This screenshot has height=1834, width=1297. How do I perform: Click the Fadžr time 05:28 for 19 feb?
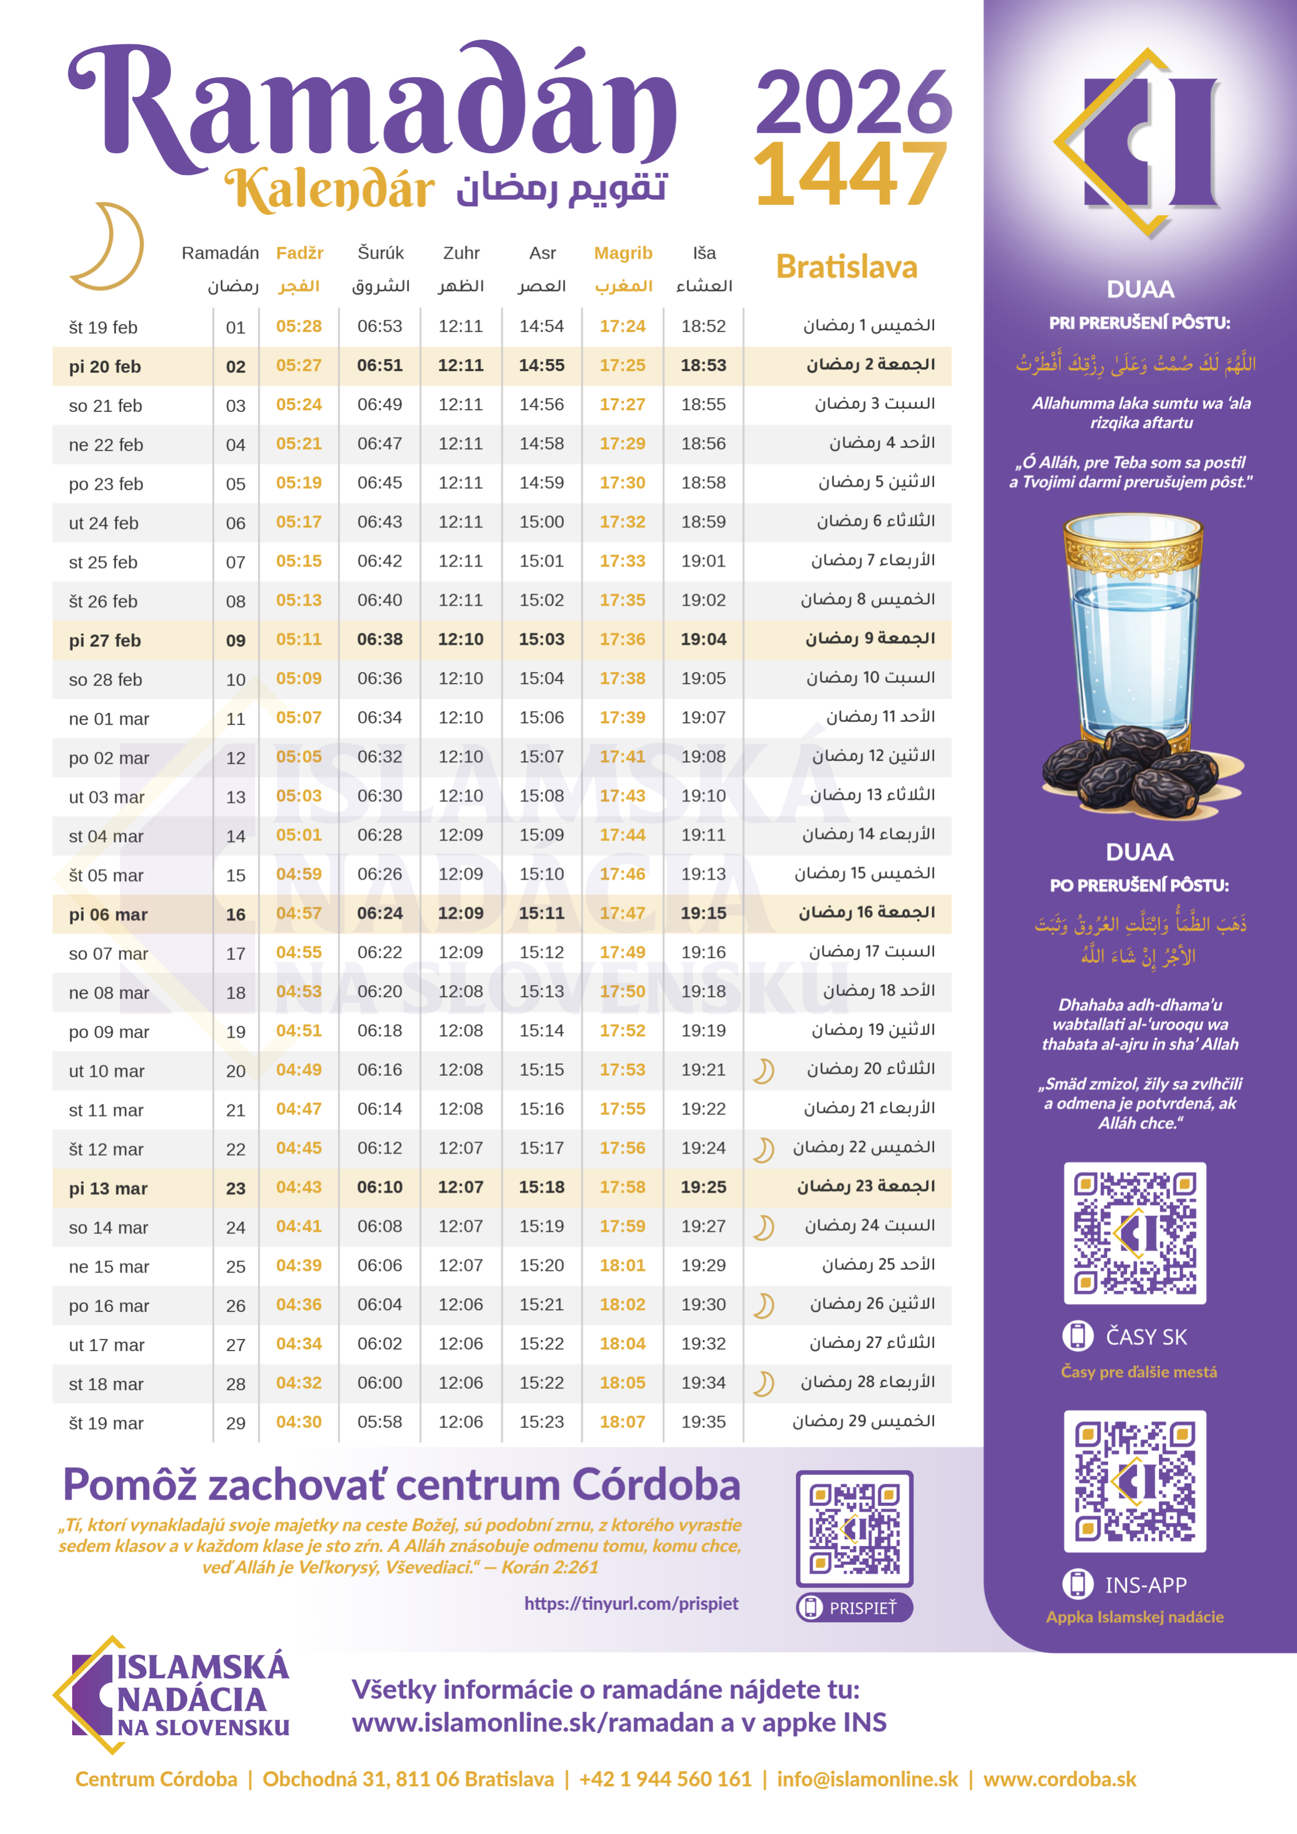(x=299, y=326)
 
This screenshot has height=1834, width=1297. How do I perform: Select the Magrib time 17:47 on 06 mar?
(x=623, y=913)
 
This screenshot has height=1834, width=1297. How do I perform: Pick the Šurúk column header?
(x=381, y=253)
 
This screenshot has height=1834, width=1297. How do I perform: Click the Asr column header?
(x=543, y=253)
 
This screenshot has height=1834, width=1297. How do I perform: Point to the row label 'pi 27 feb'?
(x=105, y=640)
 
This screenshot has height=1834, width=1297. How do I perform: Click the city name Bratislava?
(x=846, y=267)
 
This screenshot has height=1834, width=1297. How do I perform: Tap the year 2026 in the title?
(x=853, y=102)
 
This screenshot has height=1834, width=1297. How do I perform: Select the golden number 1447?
(x=850, y=173)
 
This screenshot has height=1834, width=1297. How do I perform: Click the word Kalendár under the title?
(x=329, y=190)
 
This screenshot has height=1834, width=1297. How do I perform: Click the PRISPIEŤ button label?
(x=862, y=1608)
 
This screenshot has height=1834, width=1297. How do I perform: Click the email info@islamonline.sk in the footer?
(x=867, y=1779)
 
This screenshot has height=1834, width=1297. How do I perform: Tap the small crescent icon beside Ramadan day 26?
(x=764, y=1305)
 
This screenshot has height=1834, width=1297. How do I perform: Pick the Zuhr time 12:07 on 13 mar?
(x=461, y=1187)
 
